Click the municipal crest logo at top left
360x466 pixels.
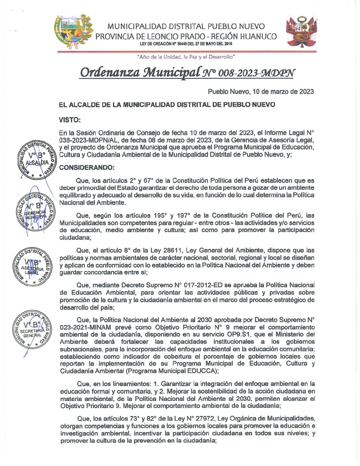74,31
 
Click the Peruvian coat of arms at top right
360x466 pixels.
301,32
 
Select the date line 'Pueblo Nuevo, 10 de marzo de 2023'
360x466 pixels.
261,91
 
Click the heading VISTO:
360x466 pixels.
70,120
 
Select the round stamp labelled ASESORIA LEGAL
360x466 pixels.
32,267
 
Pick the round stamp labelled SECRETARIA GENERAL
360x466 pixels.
32,329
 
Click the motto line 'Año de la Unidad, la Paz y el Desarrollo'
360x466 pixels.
186,57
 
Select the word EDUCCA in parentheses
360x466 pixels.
203,371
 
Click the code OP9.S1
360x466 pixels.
251,334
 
